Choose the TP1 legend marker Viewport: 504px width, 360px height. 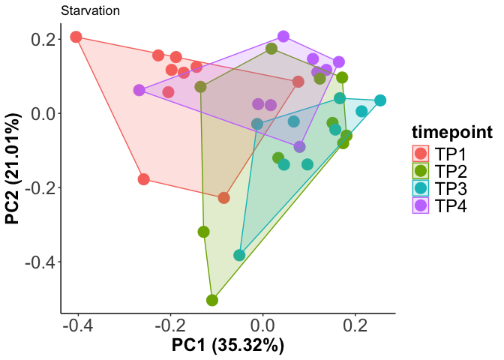[421, 154]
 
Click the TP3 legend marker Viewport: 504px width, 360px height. [421, 188]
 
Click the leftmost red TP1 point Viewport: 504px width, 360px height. [76, 37]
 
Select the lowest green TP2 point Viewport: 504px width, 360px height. [212, 300]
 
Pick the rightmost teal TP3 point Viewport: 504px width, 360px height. [380, 100]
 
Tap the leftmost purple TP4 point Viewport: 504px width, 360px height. [139, 90]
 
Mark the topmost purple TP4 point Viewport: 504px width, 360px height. [283, 37]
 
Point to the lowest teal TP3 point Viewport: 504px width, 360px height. [239, 255]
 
